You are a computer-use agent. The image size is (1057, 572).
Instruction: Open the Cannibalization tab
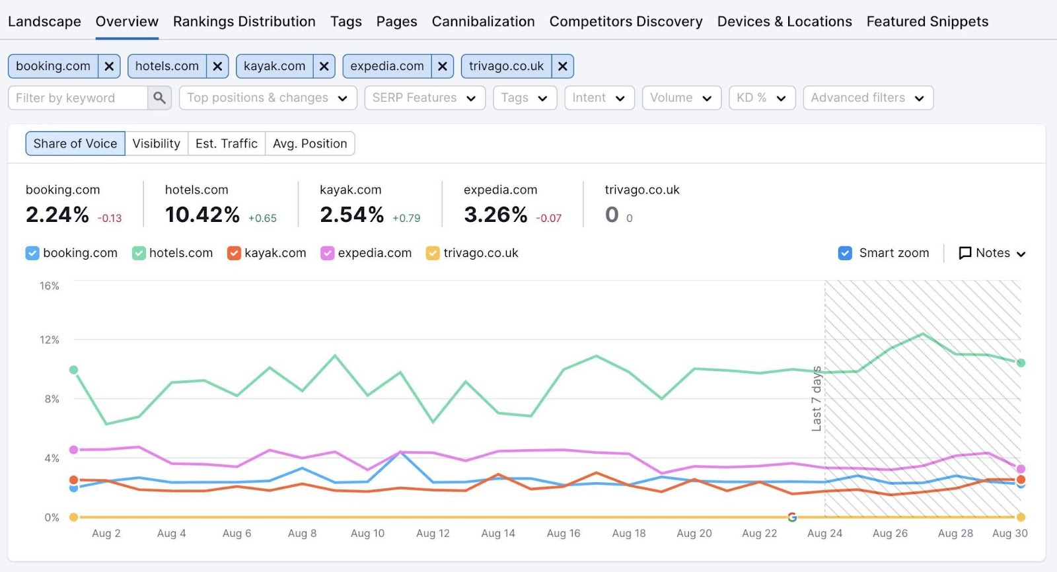pyautogui.click(x=483, y=21)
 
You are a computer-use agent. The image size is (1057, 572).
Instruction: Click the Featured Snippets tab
pyautogui.click(x=927, y=21)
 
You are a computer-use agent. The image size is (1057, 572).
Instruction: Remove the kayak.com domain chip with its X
pyautogui.click(x=324, y=66)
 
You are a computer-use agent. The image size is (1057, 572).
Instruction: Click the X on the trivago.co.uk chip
pyautogui.click(x=562, y=66)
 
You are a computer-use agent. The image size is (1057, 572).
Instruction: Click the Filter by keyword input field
pyautogui.click(x=78, y=98)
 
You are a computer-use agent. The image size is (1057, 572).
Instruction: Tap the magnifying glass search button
pyautogui.click(x=159, y=98)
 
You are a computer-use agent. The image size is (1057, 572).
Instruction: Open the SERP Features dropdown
pyautogui.click(x=424, y=98)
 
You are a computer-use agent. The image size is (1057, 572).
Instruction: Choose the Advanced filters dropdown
pyautogui.click(x=867, y=98)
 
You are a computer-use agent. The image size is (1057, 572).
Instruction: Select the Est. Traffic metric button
pyautogui.click(x=226, y=143)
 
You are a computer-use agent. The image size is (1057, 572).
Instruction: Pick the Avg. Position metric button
pyautogui.click(x=310, y=143)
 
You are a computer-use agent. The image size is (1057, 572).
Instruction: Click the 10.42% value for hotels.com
pyautogui.click(x=202, y=215)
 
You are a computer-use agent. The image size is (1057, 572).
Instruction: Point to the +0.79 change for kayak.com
pyautogui.click(x=406, y=218)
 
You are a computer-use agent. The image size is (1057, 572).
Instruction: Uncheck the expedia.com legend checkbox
pyautogui.click(x=327, y=253)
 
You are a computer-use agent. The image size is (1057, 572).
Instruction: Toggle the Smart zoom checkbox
pyautogui.click(x=845, y=253)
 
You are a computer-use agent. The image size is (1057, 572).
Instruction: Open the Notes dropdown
pyautogui.click(x=992, y=253)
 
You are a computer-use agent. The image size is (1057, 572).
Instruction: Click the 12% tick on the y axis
pyautogui.click(x=50, y=340)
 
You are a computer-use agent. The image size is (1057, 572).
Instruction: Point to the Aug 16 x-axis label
pyautogui.click(x=563, y=533)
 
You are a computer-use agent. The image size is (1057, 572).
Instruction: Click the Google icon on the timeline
pyautogui.click(x=792, y=517)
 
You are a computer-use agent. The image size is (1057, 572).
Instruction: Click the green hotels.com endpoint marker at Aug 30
pyautogui.click(x=1021, y=363)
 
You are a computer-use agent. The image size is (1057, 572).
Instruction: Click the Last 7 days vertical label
pyautogui.click(x=817, y=398)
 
